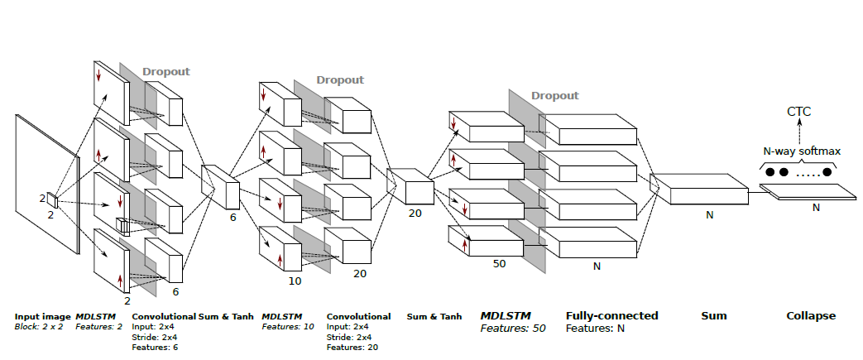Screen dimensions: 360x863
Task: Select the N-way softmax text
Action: coord(800,151)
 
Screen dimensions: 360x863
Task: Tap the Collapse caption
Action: coord(811,315)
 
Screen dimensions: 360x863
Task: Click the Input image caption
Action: coord(42,316)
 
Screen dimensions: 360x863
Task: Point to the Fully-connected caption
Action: coord(611,315)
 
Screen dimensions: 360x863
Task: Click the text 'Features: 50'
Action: coord(513,329)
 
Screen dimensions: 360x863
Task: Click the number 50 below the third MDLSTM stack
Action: coord(499,263)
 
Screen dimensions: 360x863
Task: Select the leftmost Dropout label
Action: coord(165,71)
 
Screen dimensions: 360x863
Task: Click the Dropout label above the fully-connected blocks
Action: coord(554,95)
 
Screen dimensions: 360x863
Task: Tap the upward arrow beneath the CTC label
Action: coord(800,131)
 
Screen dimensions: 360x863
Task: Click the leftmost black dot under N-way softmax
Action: coord(770,173)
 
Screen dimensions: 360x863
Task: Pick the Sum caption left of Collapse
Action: coord(713,315)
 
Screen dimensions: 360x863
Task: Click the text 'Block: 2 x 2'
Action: coord(39,327)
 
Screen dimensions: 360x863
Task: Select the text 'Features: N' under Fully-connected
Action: coord(595,329)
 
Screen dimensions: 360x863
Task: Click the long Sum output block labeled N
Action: coord(707,192)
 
